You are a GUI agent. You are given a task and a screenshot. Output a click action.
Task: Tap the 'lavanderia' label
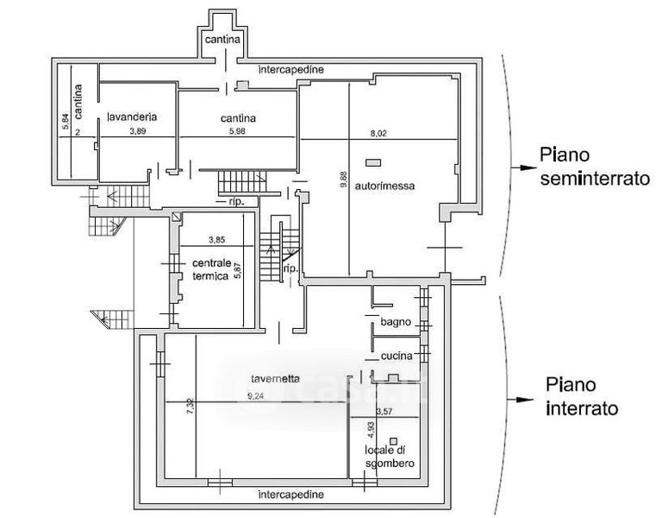coord(131,117)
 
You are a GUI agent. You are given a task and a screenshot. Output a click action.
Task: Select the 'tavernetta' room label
coord(275,377)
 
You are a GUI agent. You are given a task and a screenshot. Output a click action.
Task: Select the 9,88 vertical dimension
coord(343,180)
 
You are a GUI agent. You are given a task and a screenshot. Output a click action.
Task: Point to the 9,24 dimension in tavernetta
coord(255,396)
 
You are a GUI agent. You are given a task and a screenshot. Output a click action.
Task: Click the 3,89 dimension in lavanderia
coord(138,132)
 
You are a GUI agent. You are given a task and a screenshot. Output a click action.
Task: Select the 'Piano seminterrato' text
coord(594,167)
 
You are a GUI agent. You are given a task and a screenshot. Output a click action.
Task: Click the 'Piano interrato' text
coord(582,397)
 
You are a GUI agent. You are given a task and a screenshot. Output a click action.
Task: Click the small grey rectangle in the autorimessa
coord(373,162)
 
